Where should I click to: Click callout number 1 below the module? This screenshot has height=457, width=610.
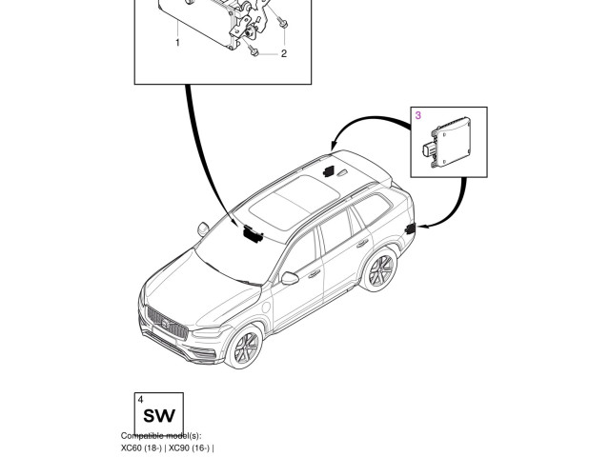177,43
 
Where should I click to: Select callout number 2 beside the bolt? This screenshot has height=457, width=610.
283,54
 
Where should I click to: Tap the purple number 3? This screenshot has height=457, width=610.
417,115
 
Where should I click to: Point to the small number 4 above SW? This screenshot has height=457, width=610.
140,399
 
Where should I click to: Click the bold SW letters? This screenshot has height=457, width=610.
157,415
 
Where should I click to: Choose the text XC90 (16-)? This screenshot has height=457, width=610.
191,447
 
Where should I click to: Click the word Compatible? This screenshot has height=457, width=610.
143,435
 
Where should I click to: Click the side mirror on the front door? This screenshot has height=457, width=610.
290,278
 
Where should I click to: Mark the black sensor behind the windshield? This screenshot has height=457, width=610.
252,232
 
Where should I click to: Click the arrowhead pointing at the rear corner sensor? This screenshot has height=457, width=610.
420,228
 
